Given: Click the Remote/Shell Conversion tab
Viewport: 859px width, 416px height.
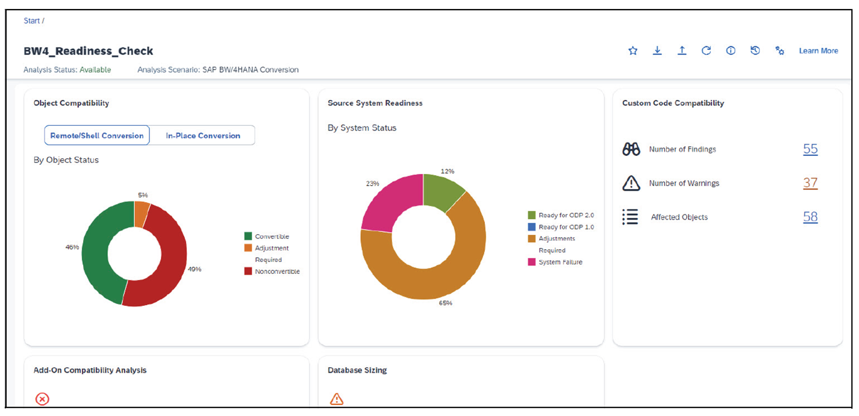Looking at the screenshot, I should click(x=97, y=135).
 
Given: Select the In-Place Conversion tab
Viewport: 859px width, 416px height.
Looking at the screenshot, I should click(x=203, y=135).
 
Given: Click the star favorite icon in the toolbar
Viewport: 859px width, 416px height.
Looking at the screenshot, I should click(x=633, y=51).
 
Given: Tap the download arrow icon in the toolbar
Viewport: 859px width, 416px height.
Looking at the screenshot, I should click(x=657, y=51).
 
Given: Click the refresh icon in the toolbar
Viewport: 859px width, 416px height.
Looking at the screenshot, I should click(x=706, y=51).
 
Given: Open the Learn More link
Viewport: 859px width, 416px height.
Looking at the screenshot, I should click(x=818, y=51).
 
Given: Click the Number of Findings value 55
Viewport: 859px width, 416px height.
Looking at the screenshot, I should click(x=810, y=149).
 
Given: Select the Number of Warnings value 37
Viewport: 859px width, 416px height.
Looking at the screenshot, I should click(x=810, y=183).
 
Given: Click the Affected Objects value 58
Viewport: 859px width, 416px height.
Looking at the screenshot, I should click(x=810, y=217).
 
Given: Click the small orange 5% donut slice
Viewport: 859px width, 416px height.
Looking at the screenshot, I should click(x=142, y=214).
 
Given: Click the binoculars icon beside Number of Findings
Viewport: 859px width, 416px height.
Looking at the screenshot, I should click(x=631, y=149).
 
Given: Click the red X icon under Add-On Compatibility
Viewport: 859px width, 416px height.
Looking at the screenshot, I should click(x=42, y=399).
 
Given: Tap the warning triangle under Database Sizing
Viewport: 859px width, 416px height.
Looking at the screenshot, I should click(x=336, y=399).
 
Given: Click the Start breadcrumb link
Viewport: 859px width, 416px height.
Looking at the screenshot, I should click(x=31, y=21).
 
